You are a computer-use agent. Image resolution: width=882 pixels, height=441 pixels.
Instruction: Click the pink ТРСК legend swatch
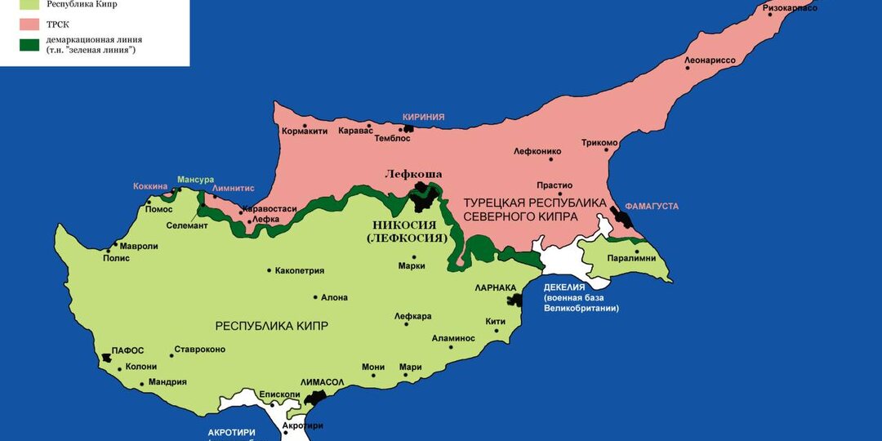tap(29, 24)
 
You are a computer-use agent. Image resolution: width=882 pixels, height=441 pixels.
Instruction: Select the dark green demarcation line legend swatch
tap(29, 45)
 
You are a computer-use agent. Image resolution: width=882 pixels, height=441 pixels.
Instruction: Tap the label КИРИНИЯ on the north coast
tap(423, 117)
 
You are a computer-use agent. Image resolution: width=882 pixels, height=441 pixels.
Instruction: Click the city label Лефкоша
tap(413, 174)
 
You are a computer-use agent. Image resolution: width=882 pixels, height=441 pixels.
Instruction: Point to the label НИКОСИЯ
tap(404, 225)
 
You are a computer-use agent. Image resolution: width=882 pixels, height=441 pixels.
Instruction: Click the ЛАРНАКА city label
tap(496, 287)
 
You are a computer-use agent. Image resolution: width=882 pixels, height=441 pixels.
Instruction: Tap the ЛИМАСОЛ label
tap(323, 382)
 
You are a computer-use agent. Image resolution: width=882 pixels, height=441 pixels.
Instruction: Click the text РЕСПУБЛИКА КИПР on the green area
tap(271, 326)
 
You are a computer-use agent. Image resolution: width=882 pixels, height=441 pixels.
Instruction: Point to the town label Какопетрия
tap(300, 270)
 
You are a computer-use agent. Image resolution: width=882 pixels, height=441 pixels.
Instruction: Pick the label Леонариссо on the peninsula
tap(710, 60)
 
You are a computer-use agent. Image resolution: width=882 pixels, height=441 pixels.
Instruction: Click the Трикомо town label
tap(599, 143)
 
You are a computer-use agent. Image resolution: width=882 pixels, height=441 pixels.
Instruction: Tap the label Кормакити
tap(304, 131)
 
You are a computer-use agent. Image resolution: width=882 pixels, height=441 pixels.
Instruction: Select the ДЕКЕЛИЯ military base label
tap(564, 287)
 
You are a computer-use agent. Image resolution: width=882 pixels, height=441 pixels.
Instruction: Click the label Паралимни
tap(632, 258)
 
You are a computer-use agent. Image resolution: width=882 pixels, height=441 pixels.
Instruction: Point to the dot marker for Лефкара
tap(406, 324)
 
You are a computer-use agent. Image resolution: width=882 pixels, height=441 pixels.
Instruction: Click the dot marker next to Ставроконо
tap(171, 355)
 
